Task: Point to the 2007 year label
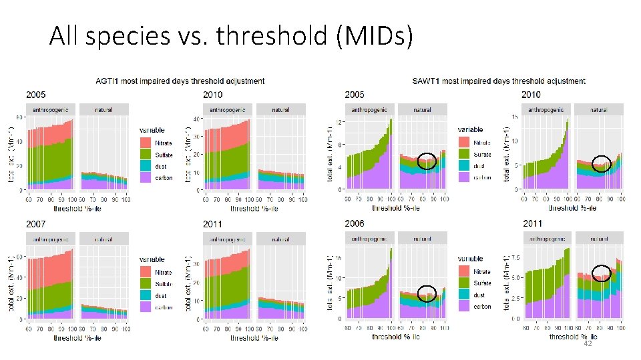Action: click(35, 224)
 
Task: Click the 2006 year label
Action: click(355, 224)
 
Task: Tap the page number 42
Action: click(588, 344)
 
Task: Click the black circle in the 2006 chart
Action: click(427, 293)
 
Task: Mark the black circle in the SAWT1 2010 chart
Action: click(602, 163)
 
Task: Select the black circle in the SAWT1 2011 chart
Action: click(602, 273)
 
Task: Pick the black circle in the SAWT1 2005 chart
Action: click(427, 161)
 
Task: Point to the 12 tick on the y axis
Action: click(339, 122)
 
